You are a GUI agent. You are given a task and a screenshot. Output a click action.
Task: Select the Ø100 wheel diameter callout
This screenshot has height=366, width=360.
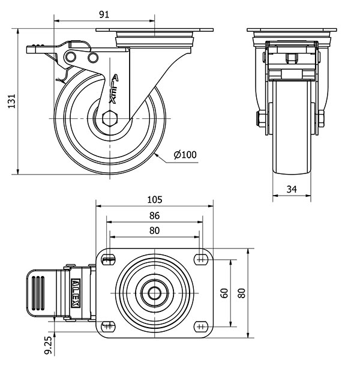pyautogui.click(x=185, y=155)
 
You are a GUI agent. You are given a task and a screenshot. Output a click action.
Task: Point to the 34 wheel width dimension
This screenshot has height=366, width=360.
pyautogui.click(x=292, y=189)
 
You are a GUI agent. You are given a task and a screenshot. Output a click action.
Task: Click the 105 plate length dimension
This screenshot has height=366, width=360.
pyautogui.click(x=155, y=199)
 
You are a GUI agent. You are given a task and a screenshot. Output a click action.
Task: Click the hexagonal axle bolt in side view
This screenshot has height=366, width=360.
pyautogui.click(x=111, y=118)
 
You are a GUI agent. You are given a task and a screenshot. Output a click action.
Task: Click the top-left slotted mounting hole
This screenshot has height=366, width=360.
pyautogui.click(x=109, y=259)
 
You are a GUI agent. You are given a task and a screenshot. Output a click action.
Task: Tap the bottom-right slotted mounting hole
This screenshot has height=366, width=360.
pyautogui.click(x=200, y=326)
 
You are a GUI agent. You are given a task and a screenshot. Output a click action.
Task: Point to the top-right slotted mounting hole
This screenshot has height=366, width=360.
pyautogui.click(x=200, y=259)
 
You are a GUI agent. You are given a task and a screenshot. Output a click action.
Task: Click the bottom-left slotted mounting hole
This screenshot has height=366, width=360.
pyautogui.click(x=109, y=326)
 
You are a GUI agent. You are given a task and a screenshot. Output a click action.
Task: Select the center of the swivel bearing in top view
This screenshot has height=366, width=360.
pyautogui.click(x=155, y=293)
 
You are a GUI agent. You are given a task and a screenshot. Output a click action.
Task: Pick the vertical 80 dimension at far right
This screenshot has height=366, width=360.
pyautogui.click(x=242, y=293)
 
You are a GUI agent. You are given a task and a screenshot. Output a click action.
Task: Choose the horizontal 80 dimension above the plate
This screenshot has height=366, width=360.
pyautogui.click(x=155, y=230)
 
